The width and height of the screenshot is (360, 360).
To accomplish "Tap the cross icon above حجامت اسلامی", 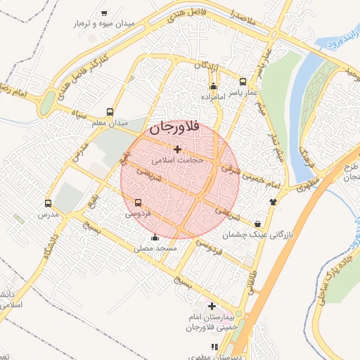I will click(176, 148).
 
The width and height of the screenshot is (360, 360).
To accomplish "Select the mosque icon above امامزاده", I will click(213, 86).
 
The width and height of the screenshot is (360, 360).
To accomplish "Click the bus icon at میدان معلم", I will click(109, 112).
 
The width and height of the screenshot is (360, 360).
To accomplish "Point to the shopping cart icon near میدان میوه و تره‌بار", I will click(105, 13).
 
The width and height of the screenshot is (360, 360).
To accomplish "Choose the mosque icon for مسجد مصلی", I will click(155, 237).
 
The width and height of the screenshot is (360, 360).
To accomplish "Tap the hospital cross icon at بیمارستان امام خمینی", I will click(212, 306).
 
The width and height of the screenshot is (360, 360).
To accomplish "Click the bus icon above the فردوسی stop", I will click(137, 202).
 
